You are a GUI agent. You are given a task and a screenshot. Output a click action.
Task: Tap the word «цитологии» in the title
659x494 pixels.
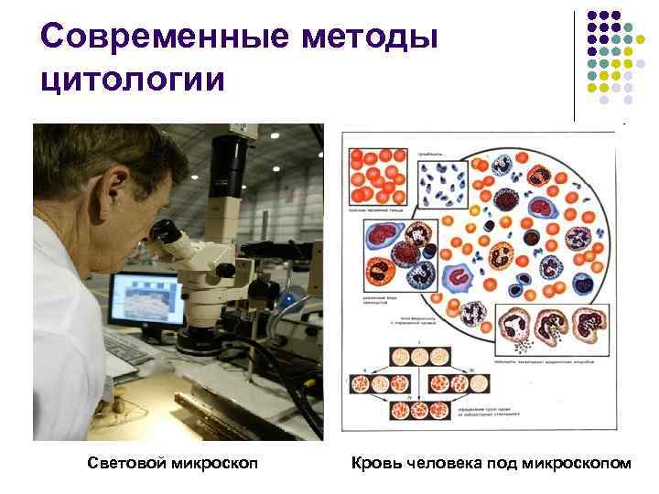click(x=133, y=80)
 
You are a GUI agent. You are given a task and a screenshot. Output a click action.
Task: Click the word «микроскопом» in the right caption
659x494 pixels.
click(x=577, y=464)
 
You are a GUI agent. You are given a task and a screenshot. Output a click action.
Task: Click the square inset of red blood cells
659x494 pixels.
click(x=375, y=175)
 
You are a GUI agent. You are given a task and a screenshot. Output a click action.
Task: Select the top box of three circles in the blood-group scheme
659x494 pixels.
click(x=416, y=357)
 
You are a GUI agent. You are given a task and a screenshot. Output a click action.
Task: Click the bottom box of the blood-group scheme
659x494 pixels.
click(x=416, y=411)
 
